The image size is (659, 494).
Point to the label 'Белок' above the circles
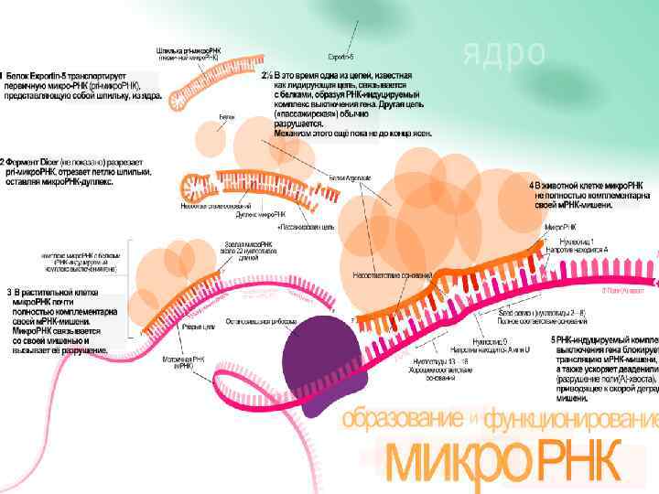coord(226,117)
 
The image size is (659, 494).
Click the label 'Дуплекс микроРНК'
coord(256,214)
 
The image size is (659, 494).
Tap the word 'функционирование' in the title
coord(571,420)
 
